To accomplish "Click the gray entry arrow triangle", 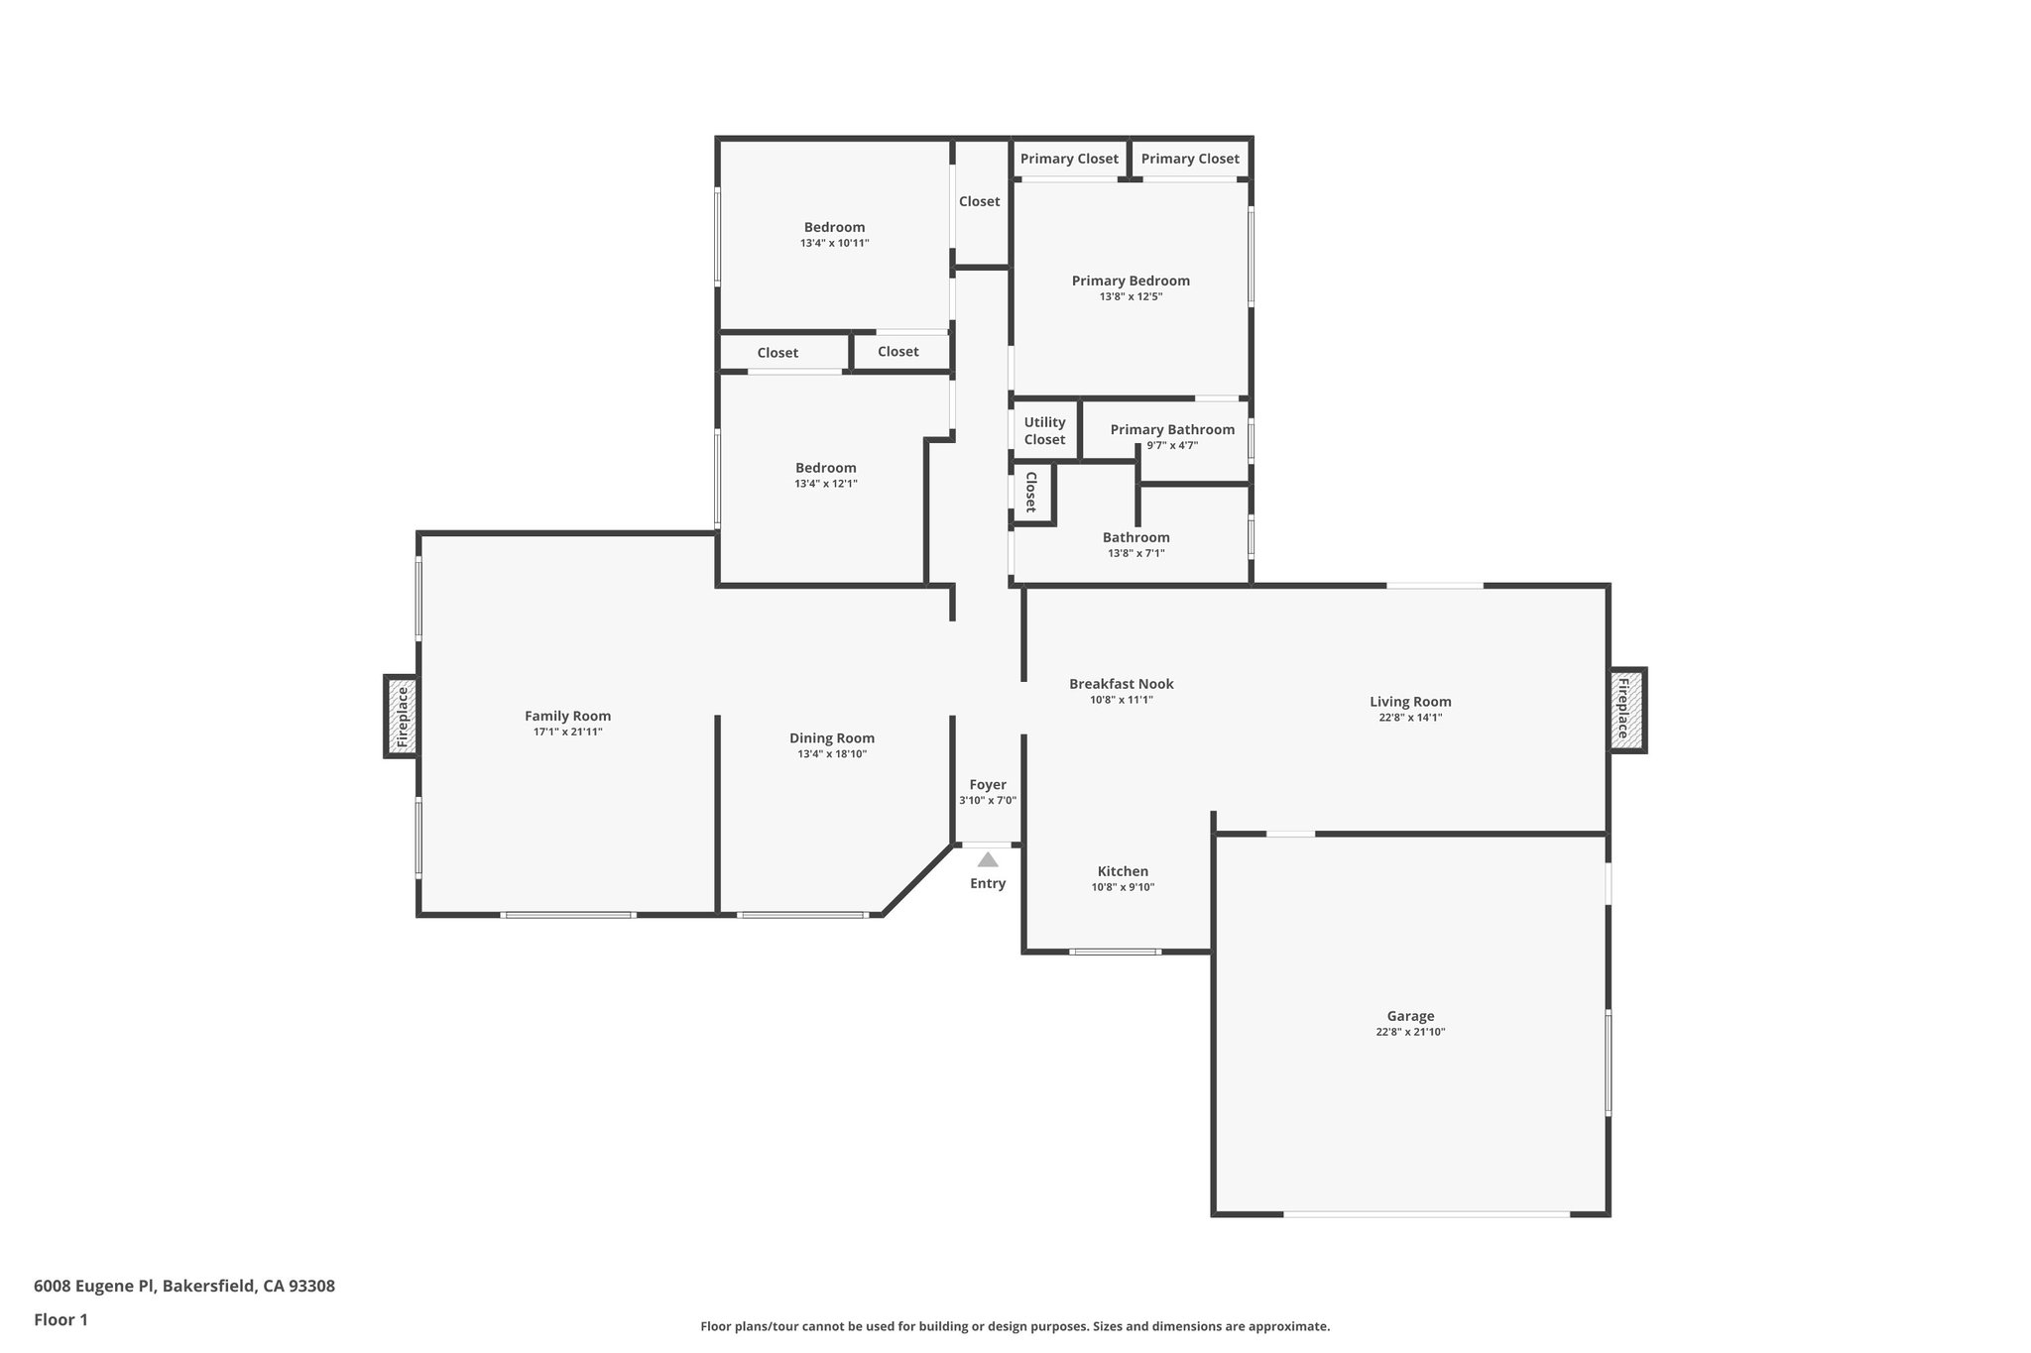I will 988,859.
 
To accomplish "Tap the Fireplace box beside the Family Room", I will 402,717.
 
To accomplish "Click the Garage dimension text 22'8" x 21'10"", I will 1410,1032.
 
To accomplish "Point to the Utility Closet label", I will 1044,430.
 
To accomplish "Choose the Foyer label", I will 988,784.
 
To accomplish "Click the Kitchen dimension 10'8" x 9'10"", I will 1123,887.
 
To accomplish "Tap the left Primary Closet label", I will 1069,159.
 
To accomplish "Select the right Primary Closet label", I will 1189,159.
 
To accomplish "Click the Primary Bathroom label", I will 1172,429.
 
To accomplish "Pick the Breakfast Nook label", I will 1121,684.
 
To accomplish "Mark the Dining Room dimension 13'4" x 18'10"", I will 832,754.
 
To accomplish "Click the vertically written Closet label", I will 1031,492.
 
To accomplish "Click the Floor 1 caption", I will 60,1319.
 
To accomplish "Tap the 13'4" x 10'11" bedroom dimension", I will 834,243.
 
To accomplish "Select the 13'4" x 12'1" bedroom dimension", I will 825,484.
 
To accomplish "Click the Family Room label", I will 567,716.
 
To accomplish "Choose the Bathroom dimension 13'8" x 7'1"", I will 1135,553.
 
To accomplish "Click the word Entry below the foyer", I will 988,883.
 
